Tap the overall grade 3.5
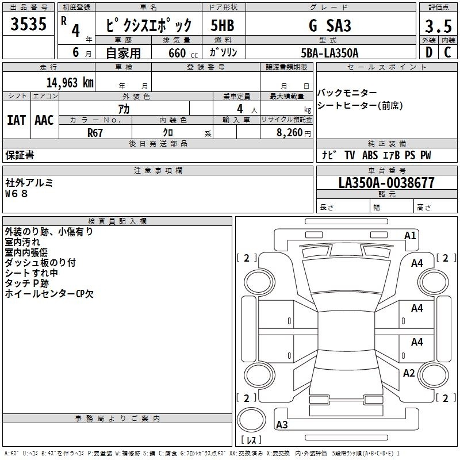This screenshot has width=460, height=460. (x=437, y=26)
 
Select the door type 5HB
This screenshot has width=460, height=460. (x=222, y=26)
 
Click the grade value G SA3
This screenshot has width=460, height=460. (x=329, y=26)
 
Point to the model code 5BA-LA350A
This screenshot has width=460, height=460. (x=329, y=53)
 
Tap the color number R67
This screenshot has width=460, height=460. (x=95, y=132)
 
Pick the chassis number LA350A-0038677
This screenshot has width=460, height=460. (x=386, y=183)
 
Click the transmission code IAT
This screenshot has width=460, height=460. (x=16, y=120)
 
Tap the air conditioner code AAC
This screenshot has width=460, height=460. (x=44, y=120)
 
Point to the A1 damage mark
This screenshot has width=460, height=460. (x=410, y=235)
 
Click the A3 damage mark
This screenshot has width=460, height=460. (x=282, y=424)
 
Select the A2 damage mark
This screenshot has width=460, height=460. (x=409, y=373)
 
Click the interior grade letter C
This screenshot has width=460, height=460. (x=447, y=53)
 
